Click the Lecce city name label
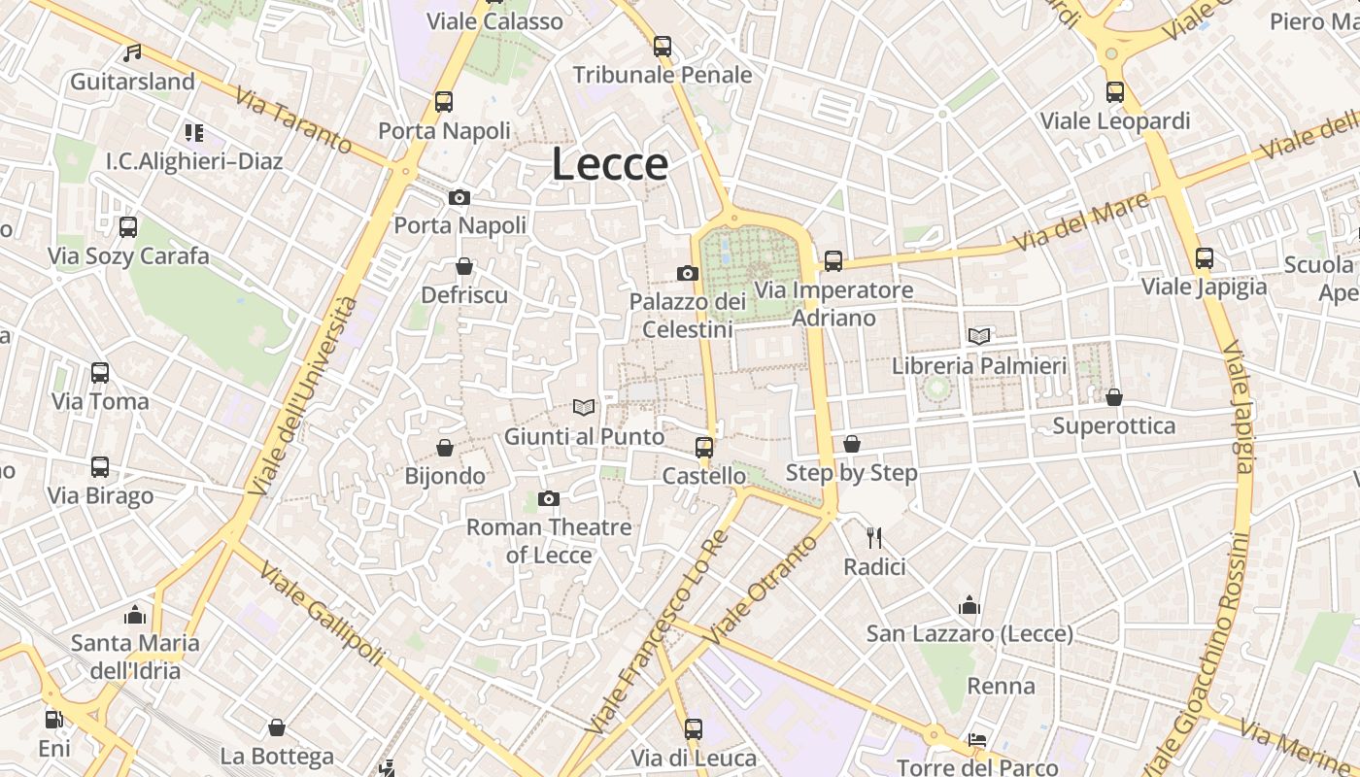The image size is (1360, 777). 610,164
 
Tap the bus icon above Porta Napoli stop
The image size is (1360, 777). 444,101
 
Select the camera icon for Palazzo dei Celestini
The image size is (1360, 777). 688,273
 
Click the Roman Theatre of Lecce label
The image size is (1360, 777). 549,541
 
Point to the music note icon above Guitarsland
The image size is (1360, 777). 132,52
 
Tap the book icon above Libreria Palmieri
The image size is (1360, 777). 979,336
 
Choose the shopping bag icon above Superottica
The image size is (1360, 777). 1114,397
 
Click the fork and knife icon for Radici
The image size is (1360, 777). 874,537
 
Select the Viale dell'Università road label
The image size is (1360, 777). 303,396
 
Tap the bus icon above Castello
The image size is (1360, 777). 704,447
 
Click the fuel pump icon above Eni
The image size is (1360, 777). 54,720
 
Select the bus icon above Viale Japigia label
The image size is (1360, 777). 1205,257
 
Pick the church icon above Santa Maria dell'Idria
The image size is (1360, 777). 135,615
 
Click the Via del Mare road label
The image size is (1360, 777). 1080,221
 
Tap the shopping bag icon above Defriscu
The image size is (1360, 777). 464,266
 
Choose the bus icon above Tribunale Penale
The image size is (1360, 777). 663,46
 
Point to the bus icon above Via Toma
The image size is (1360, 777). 100,372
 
